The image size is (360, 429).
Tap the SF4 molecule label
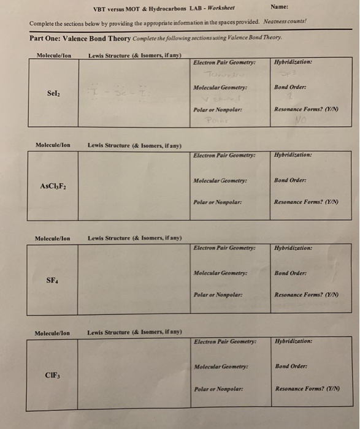point(53,280)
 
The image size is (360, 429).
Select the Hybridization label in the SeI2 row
point(293,62)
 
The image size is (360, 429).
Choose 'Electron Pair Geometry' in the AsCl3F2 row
point(223,155)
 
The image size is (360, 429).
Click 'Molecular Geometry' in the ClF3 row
point(221,366)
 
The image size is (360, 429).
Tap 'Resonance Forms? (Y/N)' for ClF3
point(307,389)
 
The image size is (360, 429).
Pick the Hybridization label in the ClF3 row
point(294,341)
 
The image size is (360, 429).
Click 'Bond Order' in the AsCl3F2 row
point(291,180)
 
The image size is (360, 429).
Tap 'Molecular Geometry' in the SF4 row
point(221,272)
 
